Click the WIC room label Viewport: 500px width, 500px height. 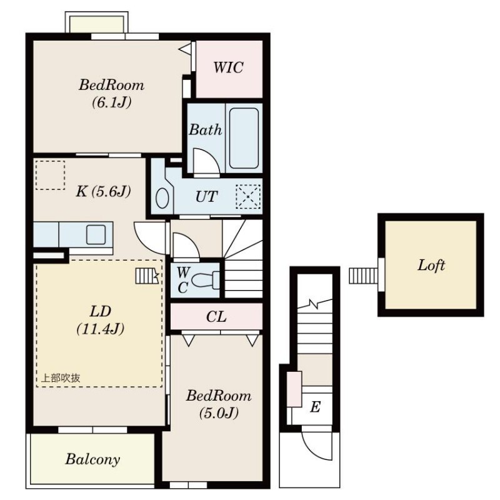click(x=228, y=67)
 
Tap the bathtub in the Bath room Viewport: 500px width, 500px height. click(x=244, y=138)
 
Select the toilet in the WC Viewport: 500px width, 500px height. click(x=207, y=281)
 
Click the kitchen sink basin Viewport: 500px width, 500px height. click(x=96, y=235)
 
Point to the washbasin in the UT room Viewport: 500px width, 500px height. click(x=162, y=198)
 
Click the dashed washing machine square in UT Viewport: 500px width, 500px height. click(x=248, y=197)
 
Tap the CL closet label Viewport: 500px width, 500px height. click(x=216, y=317)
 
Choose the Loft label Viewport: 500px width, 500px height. click(x=431, y=265)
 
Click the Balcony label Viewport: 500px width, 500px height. click(x=92, y=459)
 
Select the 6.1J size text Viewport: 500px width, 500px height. click(x=112, y=102)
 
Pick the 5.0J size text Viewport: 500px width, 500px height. click(x=219, y=413)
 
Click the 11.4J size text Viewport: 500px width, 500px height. click(x=101, y=329)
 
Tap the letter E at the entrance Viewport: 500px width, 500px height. click(x=315, y=407)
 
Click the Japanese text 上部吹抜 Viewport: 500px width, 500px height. click(x=61, y=378)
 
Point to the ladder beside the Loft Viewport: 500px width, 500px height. click(x=364, y=276)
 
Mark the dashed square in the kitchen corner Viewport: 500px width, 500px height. click(x=50, y=175)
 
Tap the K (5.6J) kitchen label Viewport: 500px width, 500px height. click(x=103, y=191)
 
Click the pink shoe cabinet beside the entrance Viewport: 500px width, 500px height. click(x=294, y=389)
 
